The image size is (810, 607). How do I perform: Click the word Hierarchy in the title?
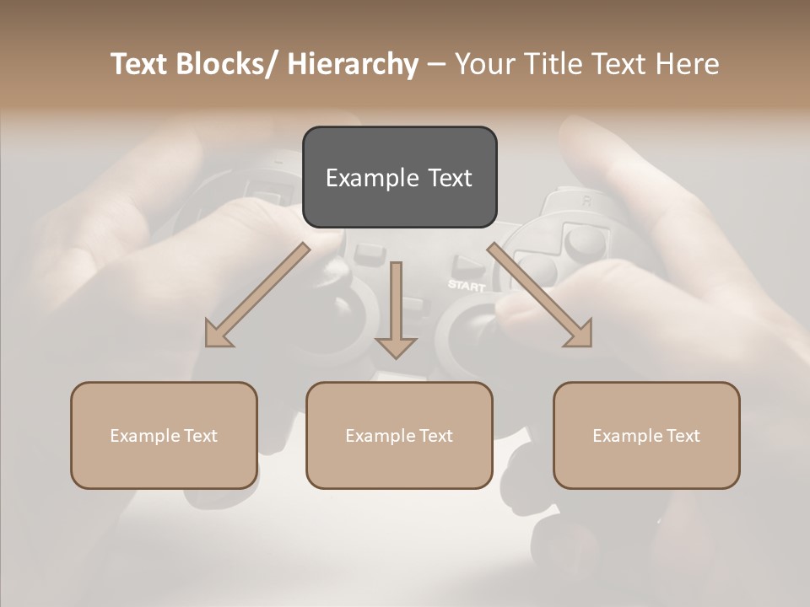click(x=353, y=64)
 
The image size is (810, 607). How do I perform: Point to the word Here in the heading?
click(x=688, y=64)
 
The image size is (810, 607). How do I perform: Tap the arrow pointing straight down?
click(x=396, y=312)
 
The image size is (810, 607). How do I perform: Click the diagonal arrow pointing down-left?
click(x=257, y=295)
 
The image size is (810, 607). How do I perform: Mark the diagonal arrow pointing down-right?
click(x=540, y=295)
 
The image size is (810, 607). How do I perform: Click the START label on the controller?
click(x=466, y=285)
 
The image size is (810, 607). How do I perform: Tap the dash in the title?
click(x=436, y=64)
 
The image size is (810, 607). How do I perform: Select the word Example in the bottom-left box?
click(x=145, y=436)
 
